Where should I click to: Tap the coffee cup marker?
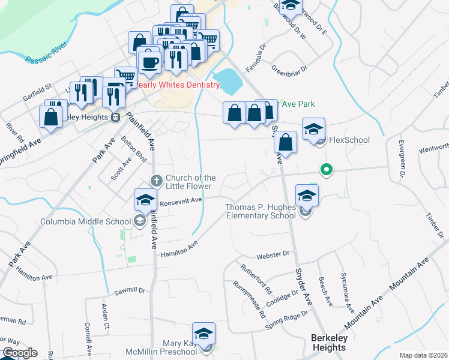coord(149,62)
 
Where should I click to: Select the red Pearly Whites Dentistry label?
coord(178,85)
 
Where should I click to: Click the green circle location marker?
coord(326,170)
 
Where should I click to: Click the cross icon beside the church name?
coord(156,180)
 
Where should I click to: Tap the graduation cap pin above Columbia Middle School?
coord(145,200)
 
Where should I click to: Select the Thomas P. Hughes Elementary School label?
coord(261,211)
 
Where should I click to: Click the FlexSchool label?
coord(349,140)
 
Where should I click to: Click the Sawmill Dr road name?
coord(130,292)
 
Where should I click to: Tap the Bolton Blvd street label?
coord(133,148)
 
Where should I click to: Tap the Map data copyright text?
coord(423,355)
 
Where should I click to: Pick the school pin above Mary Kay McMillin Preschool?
coord(203,334)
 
